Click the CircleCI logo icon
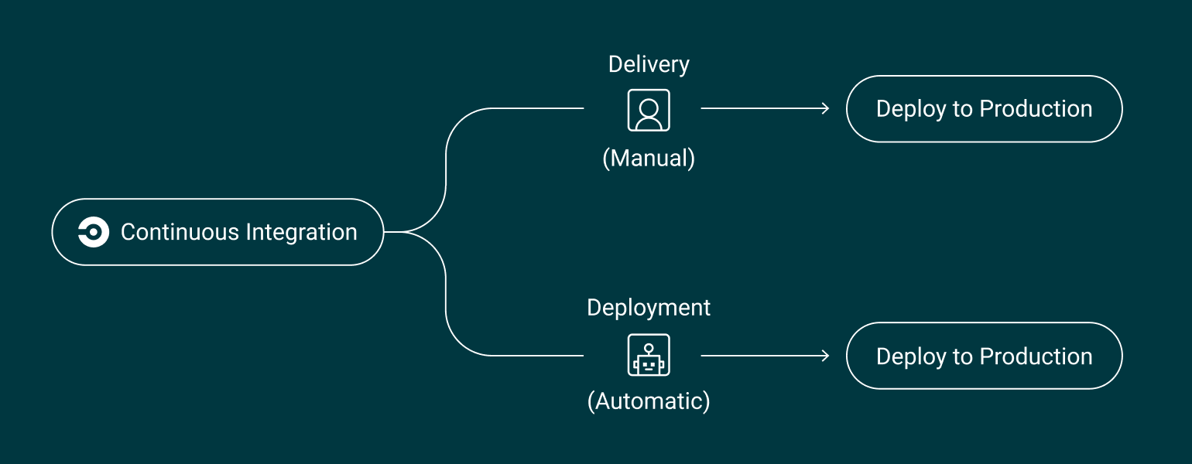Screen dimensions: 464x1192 (x=93, y=232)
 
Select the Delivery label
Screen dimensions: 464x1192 (x=649, y=64)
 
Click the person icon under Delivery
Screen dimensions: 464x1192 (x=649, y=110)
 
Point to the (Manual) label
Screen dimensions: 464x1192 (x=649, y=159)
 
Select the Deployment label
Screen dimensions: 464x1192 (x=649, y=308)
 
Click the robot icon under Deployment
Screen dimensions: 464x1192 (x=649, y=356)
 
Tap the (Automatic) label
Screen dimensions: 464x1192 (x=649, y=402)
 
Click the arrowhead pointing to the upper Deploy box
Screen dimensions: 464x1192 (x=826, y=109)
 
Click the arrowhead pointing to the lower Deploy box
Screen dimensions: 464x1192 (x=826, y=356)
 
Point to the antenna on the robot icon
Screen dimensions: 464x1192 (x=649, y=343)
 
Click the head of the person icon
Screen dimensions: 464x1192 (x=649, y=104)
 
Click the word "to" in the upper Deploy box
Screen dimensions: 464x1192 (x=963, y=110)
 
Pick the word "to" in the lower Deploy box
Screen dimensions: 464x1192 (x=963, y=357)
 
